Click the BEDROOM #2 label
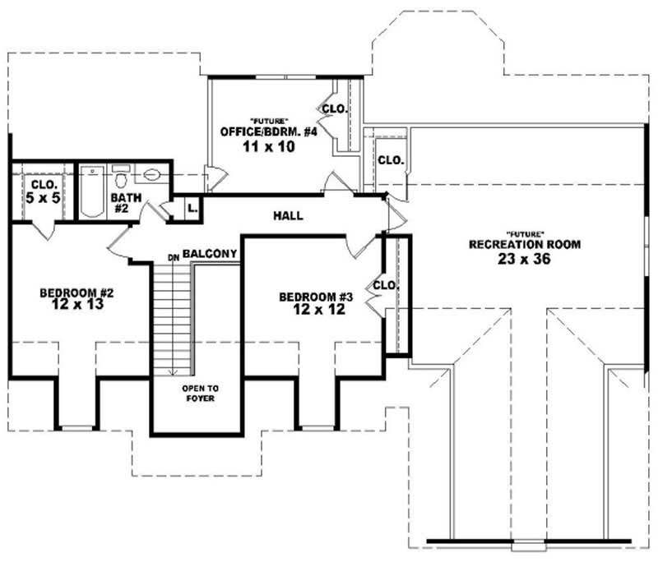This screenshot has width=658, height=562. (x=70, y=292)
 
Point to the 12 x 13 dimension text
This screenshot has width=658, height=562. (x=70, y=304)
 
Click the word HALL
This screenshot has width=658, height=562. (x=288, y=216)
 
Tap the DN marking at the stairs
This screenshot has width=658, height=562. (x=173, y=258)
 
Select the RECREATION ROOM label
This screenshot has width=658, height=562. (x=525, y=244)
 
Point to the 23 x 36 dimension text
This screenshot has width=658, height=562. (x=525, y=258)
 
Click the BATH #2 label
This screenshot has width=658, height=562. (x=122, y=203)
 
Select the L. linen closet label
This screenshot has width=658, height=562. (x=192, y=208)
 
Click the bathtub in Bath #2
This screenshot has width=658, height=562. (x=91, y=192)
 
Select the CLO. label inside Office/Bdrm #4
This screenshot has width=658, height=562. (x=333, y=108)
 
